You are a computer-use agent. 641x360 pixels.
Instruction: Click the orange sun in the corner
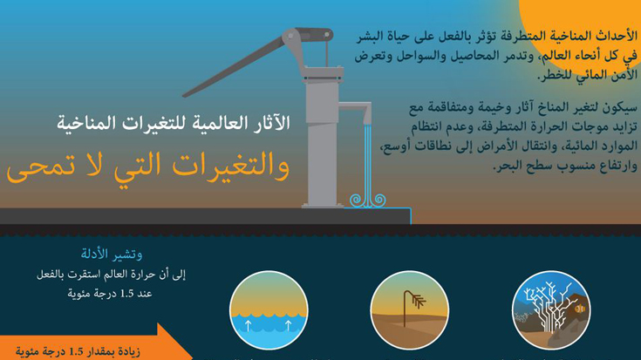[x=589, y=29]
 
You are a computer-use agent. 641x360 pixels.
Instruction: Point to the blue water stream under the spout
[x=368, y=164]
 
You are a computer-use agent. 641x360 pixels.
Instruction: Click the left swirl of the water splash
[x=356, y=200]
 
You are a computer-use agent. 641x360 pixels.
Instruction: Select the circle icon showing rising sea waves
[x=269, y=310]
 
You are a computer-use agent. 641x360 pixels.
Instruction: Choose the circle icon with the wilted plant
[x=409, y=310]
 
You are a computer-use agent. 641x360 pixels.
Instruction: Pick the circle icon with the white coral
[x=550, y=310]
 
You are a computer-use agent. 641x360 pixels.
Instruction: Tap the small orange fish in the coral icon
[x=580, y=309]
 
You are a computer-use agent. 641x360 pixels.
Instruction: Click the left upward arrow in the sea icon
[x=249, y=325]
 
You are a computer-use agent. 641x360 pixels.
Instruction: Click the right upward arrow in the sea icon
[x=288, y=325]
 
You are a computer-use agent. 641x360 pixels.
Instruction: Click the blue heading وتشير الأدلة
[x=112, y=255]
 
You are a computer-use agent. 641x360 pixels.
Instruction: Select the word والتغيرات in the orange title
[x=231, y=166]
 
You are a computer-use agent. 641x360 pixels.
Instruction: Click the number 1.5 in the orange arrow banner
[x=77, y=351]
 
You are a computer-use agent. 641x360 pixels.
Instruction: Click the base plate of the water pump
[x=323, y=206]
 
